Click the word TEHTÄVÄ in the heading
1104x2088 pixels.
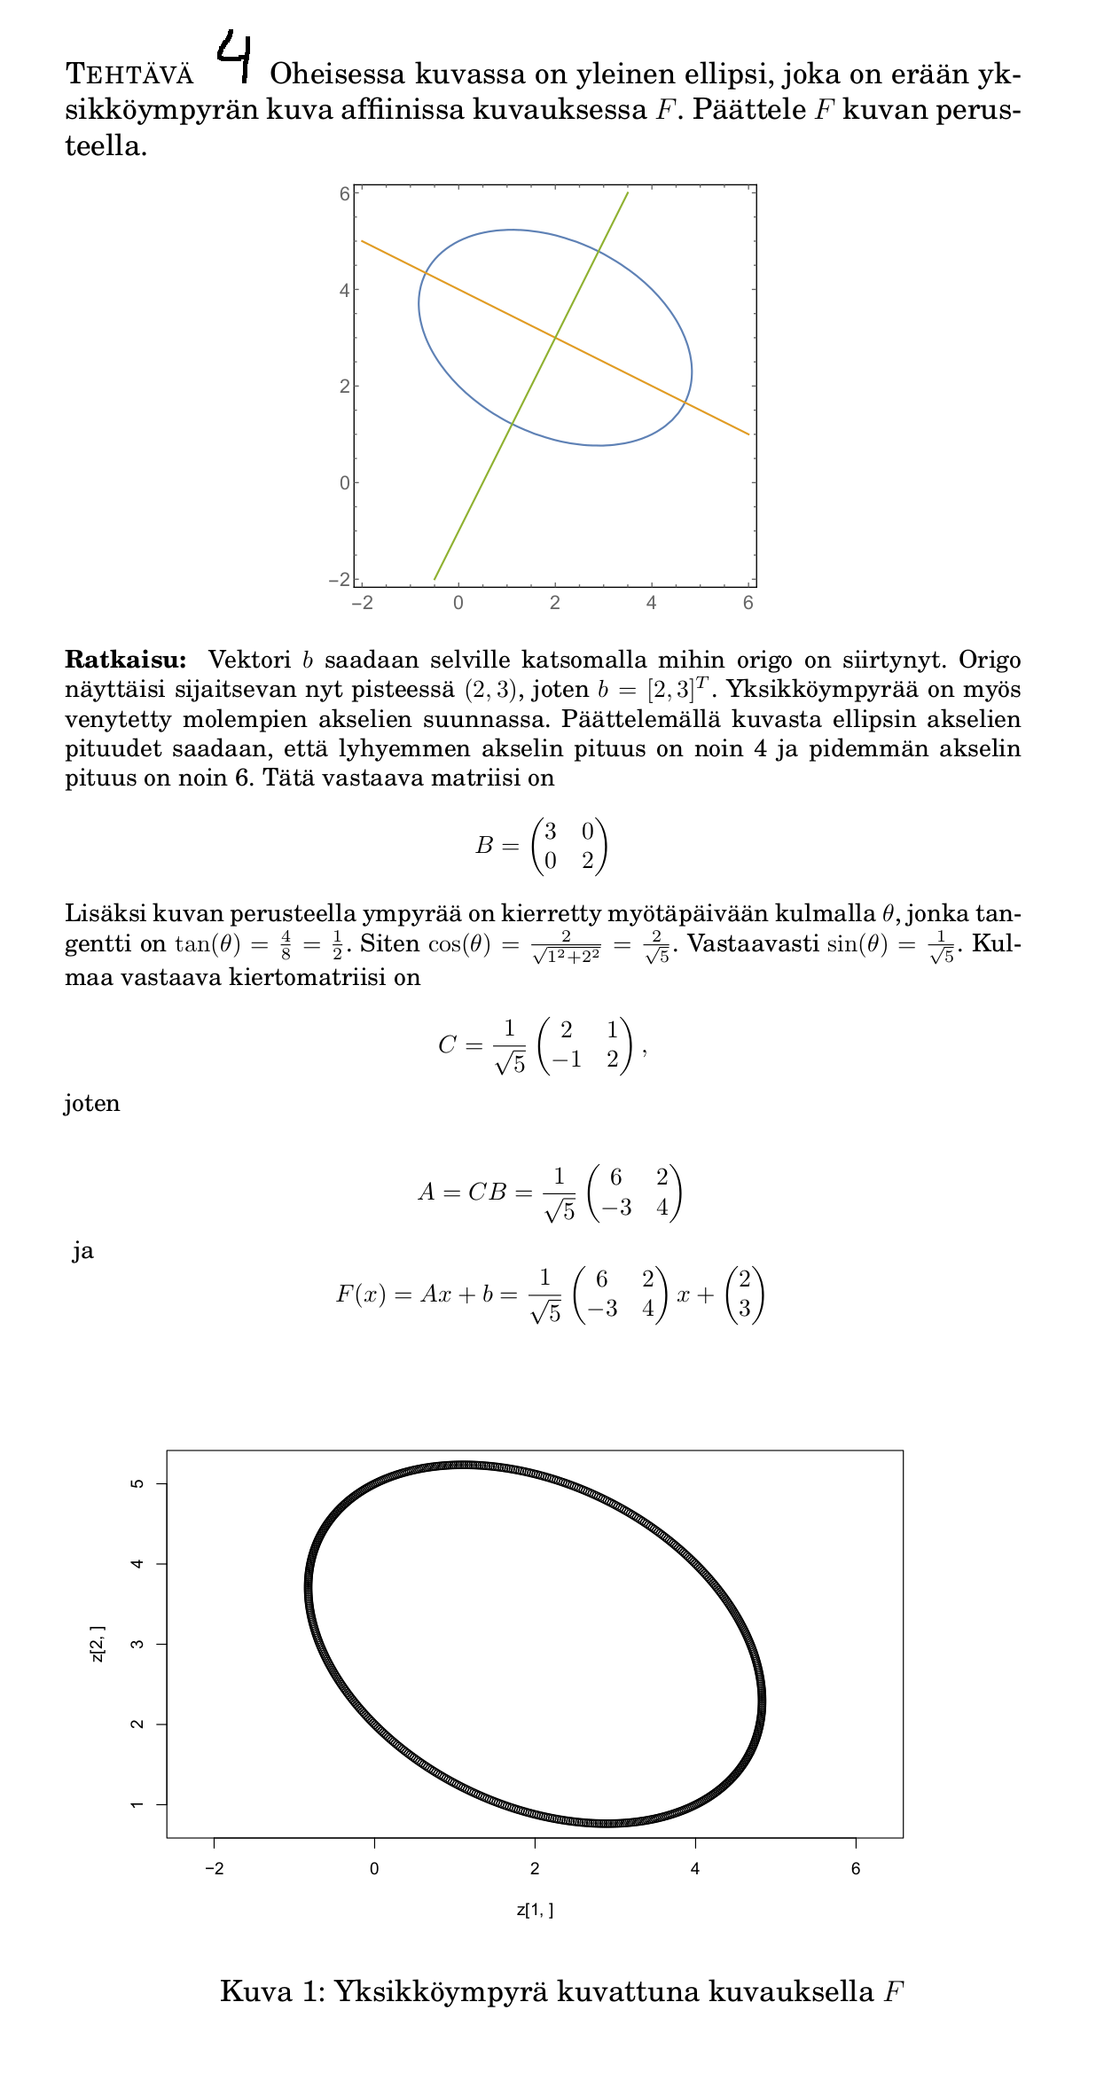click(129, 74)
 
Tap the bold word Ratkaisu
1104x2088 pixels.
click(125, 660)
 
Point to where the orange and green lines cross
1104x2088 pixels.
click(555, 338)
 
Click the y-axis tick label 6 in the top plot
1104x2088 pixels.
click(344, 193)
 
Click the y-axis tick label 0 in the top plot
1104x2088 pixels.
click(344, 483)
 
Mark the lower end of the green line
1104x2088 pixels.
click(435, 579)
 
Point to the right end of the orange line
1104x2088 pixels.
click(749, 434)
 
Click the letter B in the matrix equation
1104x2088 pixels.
click(484, 846)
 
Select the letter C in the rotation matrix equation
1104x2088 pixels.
click(447, 1046)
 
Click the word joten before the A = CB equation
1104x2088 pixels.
click(92, 1104)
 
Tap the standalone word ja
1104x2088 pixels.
click(83, 1251)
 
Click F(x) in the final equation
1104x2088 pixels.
click(359, 1294)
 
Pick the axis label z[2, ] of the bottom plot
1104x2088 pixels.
click(98, 1645)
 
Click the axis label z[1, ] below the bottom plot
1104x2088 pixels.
click(535, 1909)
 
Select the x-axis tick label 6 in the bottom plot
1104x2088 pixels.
click(856, 1869)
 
